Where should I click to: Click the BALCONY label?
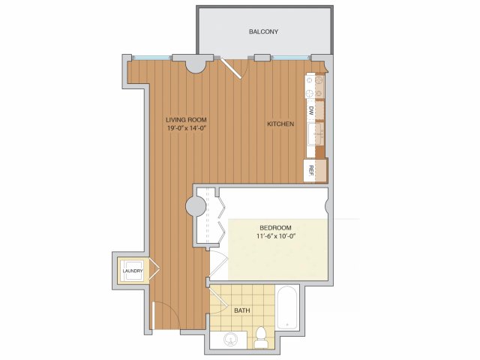pyautogui.click(x=263, y=31)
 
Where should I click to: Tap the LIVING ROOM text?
pyautogui.click(x=186, y=120)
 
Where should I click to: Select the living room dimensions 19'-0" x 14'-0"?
pyautogui.click(x=186, y=128)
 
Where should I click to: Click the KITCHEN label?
pyautogui.click(x=280, y=124)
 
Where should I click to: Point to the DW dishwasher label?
pyautogui.click(x=311, y=110)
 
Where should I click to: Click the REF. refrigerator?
pyautogui.click(x=315, y=171)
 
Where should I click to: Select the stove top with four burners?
pyautogui.click(x=315, y=86)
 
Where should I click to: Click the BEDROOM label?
pyautogui.click(x=275, y=228)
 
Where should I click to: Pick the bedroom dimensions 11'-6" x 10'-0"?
pyautogui.click(x=275, y=236)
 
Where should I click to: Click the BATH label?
pyautogui.click(x=241, y=310)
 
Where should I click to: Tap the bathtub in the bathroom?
pyautogui.click(x=286, y=307)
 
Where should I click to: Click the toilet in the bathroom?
pyautogui.click(x=261, y=337)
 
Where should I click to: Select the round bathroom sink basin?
pyautogui.click(x=230, y=339)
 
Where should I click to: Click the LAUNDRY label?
pyautogui.click(x=133, y=271)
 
